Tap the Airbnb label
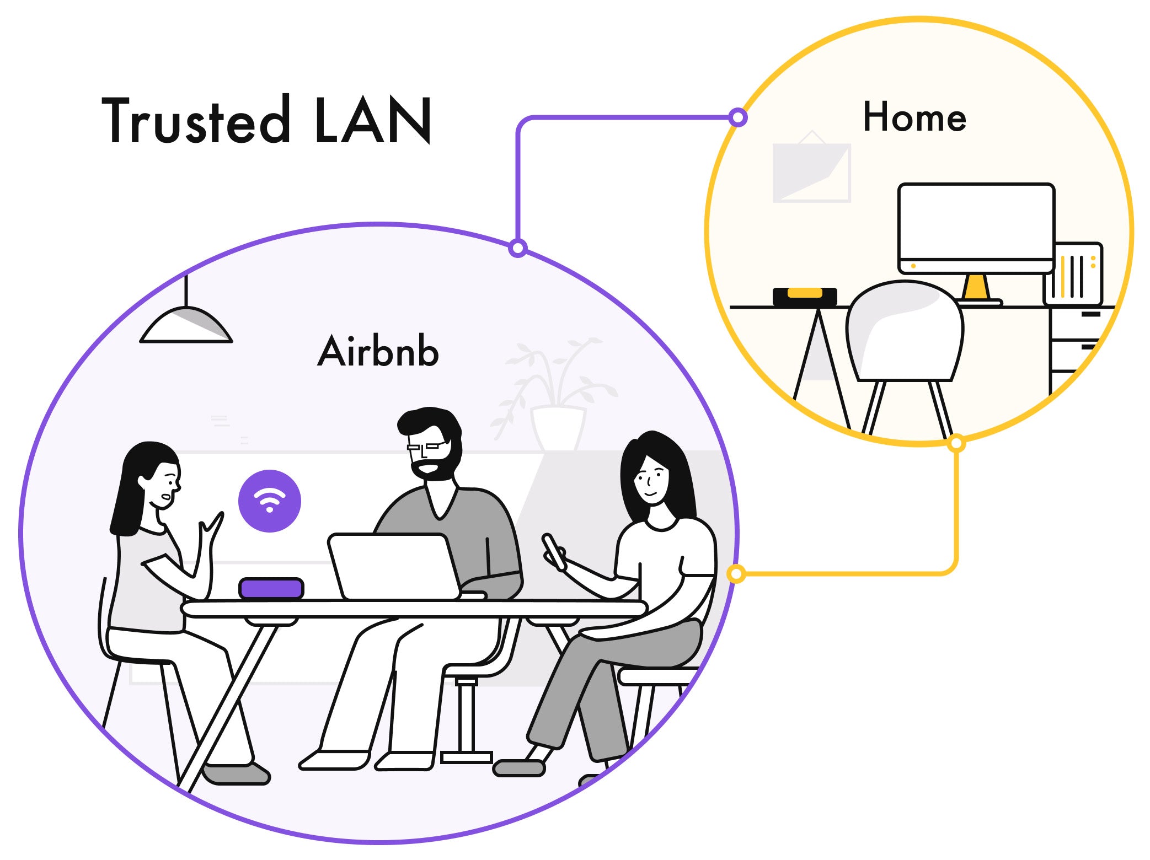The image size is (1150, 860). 378,351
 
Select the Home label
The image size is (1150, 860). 914,117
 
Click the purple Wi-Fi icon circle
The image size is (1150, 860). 269,501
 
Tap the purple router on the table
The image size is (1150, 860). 271,588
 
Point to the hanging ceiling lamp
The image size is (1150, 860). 186,325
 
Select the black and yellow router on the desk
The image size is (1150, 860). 805,296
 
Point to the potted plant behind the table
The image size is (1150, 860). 557,397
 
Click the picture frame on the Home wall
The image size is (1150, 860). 811,172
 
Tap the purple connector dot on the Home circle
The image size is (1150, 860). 738,117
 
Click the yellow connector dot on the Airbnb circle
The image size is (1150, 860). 736,574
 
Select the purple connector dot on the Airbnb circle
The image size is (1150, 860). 517,248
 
